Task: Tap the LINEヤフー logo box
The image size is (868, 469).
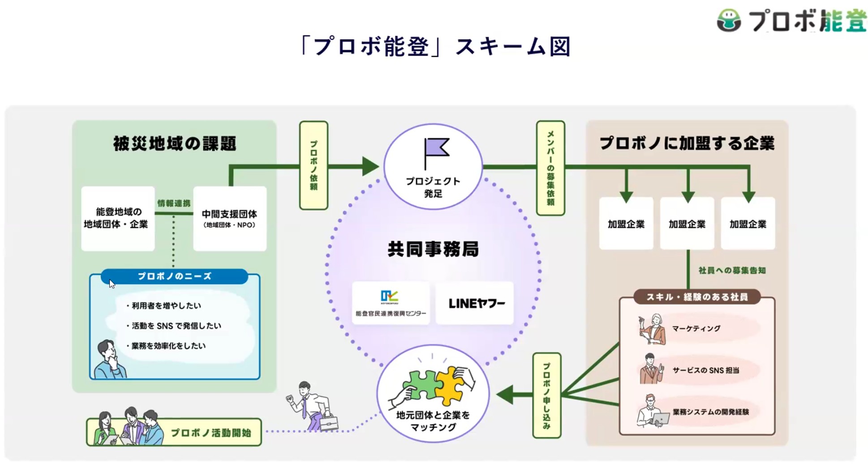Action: coord(475,303)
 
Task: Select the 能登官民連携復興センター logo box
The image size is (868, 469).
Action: coord(391,303)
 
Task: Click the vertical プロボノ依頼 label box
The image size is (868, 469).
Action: coord(314,165)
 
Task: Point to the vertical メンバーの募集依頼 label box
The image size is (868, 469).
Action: coord(550,168)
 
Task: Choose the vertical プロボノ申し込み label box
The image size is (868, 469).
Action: coord(546,396)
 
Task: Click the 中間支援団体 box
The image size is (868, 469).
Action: coord(230,218)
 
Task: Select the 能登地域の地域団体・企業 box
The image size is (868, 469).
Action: coord(117,218)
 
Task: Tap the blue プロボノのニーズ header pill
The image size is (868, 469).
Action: coord(174,276)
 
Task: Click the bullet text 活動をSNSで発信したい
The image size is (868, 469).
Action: coord(176,326)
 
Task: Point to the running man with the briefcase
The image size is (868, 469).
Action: coord(312,406)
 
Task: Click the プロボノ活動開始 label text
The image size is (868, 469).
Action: coord(211,433)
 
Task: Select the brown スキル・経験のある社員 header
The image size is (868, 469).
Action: coord(697,297)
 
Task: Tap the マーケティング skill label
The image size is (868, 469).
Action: coord(696,328)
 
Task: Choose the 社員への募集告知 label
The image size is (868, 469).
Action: coord(732,271)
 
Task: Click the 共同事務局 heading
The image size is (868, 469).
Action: coord(433,249)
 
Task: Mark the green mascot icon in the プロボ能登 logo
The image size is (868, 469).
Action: coord(729,21)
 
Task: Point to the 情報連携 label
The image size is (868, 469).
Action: coord(174,203)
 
